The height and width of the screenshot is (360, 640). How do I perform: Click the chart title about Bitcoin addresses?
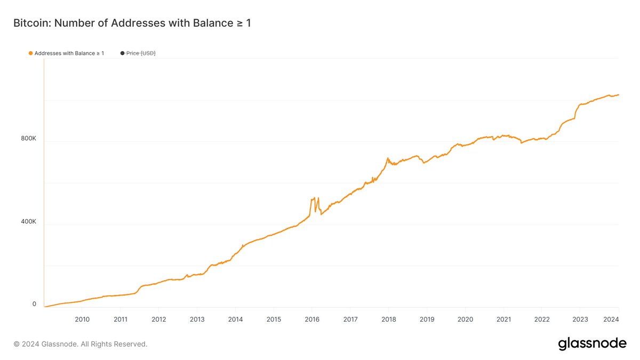click(x=132, y=23)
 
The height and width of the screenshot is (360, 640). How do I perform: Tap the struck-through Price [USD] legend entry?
click(x=141, y=53)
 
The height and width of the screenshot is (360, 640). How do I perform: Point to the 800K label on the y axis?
click(x=29, y=139)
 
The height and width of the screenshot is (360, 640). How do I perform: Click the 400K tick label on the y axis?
click(x=29, y=221)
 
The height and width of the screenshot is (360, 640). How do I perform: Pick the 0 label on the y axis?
click(x=34, y=304)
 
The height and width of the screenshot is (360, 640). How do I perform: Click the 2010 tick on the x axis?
click(x=82, y=319)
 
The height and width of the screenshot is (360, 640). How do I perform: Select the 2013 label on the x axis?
click(x=197, y=319)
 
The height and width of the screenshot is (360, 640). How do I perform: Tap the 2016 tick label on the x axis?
click(x=312, y=319)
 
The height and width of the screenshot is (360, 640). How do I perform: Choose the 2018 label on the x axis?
click(x=388, y=319)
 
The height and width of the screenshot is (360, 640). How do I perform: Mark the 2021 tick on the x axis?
click(x=503, y=319)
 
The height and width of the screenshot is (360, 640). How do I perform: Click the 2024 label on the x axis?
click(x=611, y=319)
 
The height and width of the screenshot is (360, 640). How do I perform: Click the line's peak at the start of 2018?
click(x=388, y=158)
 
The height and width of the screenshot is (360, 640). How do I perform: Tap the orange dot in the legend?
click(x=30, y=53)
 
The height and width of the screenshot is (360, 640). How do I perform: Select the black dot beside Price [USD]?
click(x=122, y=53)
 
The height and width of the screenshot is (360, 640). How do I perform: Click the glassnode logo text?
click(x=592, y=344)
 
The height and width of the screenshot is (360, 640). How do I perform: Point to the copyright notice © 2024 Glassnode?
click(x=80, y=344)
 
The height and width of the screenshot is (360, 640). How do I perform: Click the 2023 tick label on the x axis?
click(x=580, y=319)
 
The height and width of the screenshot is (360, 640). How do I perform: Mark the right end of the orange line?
click(x=618, y=95)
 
